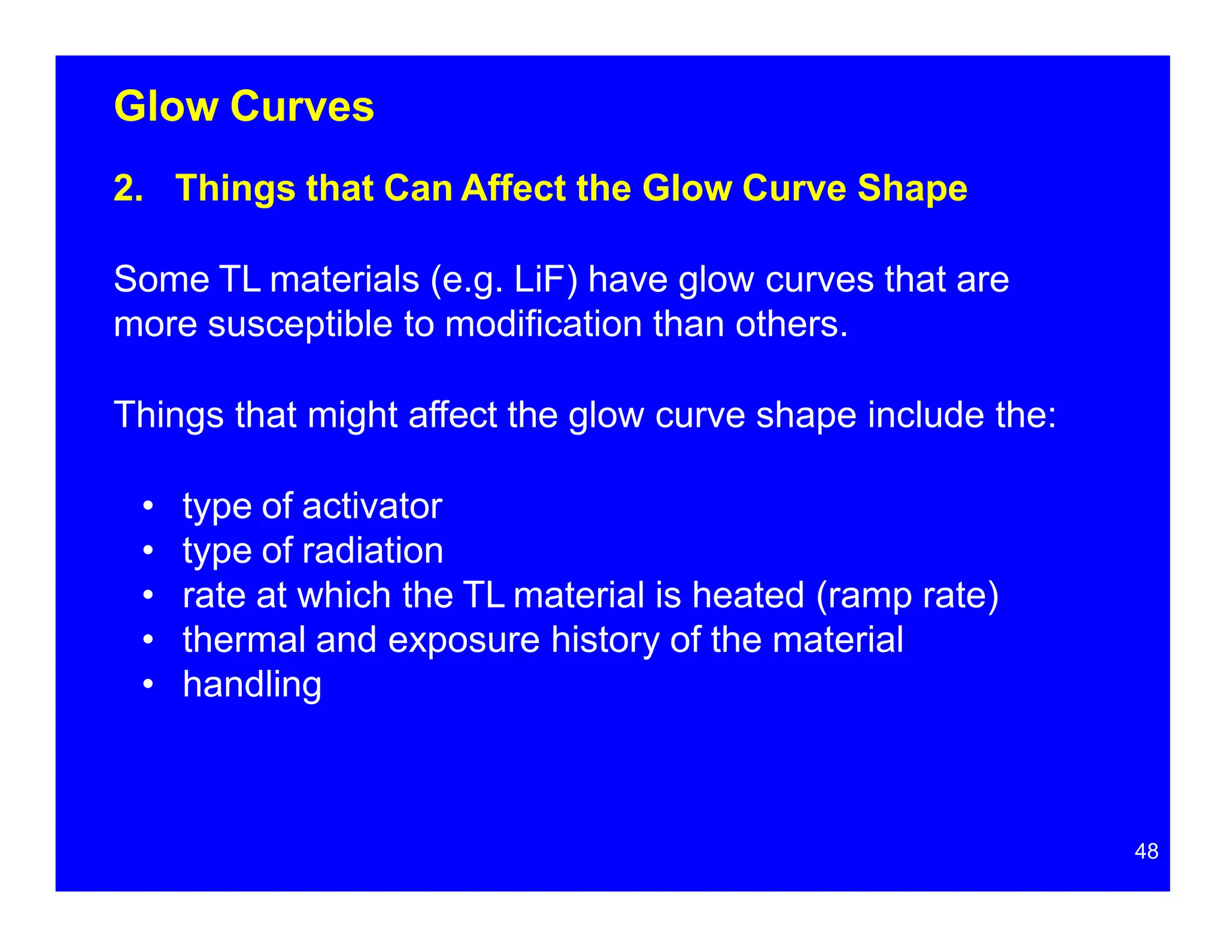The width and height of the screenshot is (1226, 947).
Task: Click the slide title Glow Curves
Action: click(244, 107)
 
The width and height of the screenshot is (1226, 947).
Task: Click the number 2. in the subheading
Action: click(128, 189)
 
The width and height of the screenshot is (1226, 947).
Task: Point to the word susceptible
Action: click(300, 324)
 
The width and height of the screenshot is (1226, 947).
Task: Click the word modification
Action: click(544, 324)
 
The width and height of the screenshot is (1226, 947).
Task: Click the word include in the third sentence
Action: click(926, 415)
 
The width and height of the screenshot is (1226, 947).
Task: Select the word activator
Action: click(372, 506)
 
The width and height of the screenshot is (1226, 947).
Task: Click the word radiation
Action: click(372, 551)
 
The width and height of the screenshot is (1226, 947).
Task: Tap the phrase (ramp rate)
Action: click(908, 596)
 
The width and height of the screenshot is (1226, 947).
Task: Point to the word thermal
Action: click(244, 640)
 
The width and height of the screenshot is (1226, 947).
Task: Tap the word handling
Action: click(252, 685)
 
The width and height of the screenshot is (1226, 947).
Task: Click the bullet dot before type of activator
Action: click(148, 507)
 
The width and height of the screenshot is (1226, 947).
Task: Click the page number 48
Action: click(1146, 851)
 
